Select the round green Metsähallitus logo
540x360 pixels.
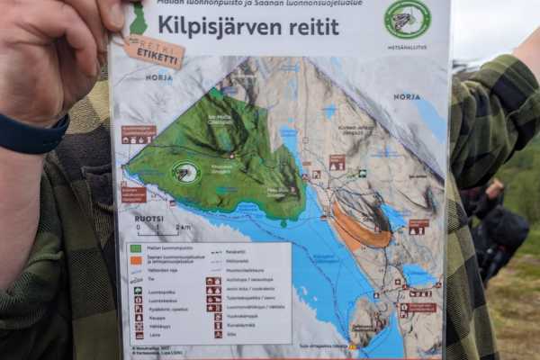click(x=407, y=18)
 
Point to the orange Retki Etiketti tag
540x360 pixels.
click(x=154, y=51)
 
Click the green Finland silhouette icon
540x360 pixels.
click(x=138, y=20)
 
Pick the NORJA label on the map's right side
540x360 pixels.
click(x=407, y=96)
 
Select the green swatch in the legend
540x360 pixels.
click(x=136, y=248)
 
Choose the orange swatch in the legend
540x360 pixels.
click(x=136, y=260)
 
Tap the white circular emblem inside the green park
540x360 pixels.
click(x=186, y=171)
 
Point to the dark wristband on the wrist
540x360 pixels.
click(x=32, y=137)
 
